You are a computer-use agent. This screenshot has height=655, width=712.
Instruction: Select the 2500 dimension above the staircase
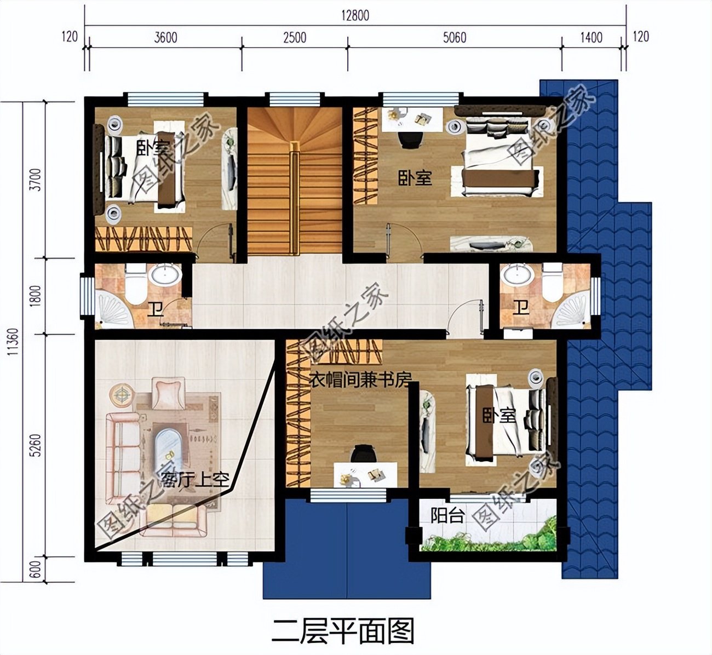pyautogui.click(x=294, y=38)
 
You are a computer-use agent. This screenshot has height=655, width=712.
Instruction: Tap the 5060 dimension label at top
pyautogui.click(x=454, y=38)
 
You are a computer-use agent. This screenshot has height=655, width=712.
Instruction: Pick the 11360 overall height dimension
pyautogui.click(x=12, y=349)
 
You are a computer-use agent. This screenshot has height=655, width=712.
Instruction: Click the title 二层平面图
pyautogui.click(x=343, y=631)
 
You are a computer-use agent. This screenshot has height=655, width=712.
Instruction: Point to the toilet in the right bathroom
pyautogui.click(x=552, y=283)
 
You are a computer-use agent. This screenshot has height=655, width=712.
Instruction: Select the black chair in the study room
pyautogui.click(x=363, y=454)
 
